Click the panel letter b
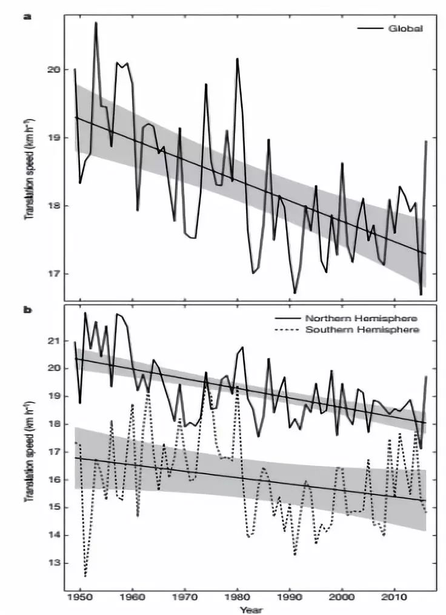pyautogui.click(x=27, y=309)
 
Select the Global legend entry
pyautogui.click(x=405, y=28)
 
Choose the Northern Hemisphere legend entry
pyautogui.click(x=361, y=318)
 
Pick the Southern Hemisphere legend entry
pyautogui.click(x=361, y=329)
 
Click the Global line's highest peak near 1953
pyautogui.click(x=96, y=22)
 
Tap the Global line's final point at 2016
pyautogui.click(x=427, y=141)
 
